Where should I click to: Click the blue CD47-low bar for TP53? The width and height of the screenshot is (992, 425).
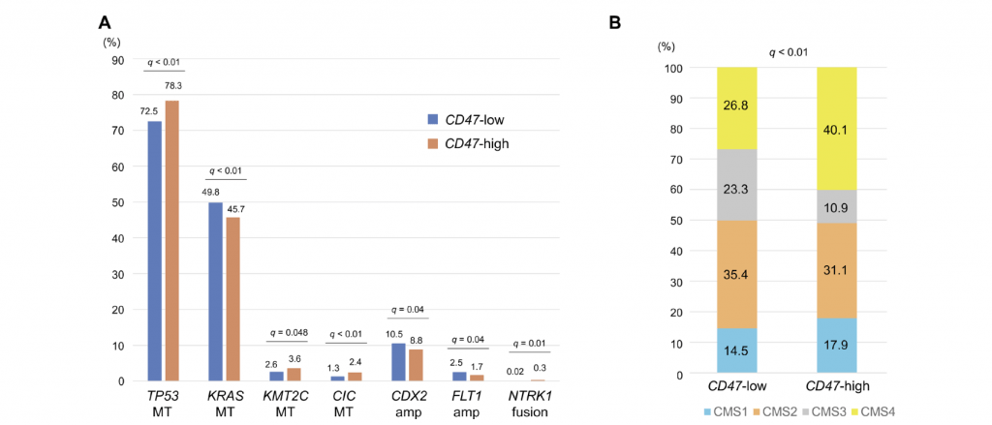(x=154, y=251)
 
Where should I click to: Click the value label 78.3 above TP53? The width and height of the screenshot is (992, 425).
(x=172, y=86)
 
